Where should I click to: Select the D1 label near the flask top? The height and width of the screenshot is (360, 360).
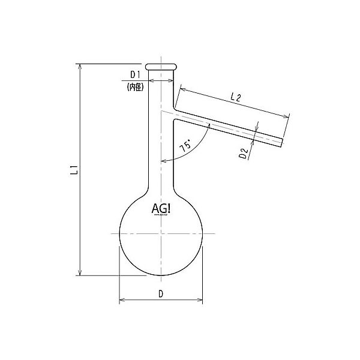click(x=135, y=75)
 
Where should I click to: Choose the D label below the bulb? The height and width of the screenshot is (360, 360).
click(x=160, y=293)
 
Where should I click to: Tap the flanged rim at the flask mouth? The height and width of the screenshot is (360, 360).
click(x=161, y=65)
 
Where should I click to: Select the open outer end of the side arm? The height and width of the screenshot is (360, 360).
click(x=281, y=142)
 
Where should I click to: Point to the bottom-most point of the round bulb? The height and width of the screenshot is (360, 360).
click(x=161, y=276)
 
